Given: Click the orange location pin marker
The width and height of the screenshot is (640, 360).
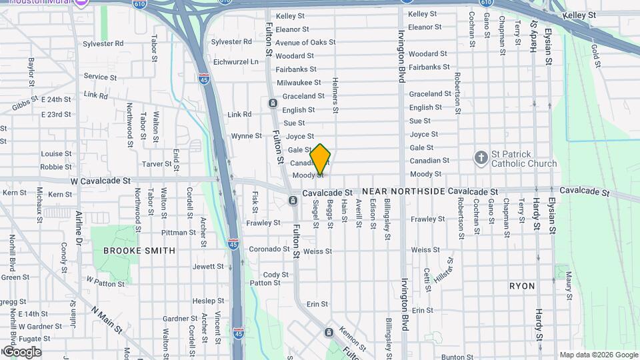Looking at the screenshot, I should (x=321, y=159).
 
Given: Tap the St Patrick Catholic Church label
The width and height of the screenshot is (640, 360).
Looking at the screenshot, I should (x=523, y=159).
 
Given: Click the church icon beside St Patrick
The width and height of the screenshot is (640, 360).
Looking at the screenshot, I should (x=481, y=158).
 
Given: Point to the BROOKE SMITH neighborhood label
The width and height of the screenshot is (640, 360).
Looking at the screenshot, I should (x=139, y=251).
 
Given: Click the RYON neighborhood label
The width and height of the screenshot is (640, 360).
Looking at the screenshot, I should (x=522, y=285).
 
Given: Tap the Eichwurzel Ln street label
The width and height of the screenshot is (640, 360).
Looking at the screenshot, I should (x=235, y=61).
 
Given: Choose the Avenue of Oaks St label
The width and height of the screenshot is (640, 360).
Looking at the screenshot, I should (x=305, y=43).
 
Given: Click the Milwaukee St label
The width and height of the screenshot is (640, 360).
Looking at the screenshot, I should (x=299, y=83).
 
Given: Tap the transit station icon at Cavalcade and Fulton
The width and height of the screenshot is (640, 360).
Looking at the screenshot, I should (x=293, y=201).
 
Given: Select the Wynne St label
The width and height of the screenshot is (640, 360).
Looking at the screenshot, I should (x=246, y=136).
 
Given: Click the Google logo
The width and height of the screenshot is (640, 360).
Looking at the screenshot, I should (x=22, y=352).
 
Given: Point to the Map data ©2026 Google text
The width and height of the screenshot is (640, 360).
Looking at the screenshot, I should (x=598, y=355).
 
